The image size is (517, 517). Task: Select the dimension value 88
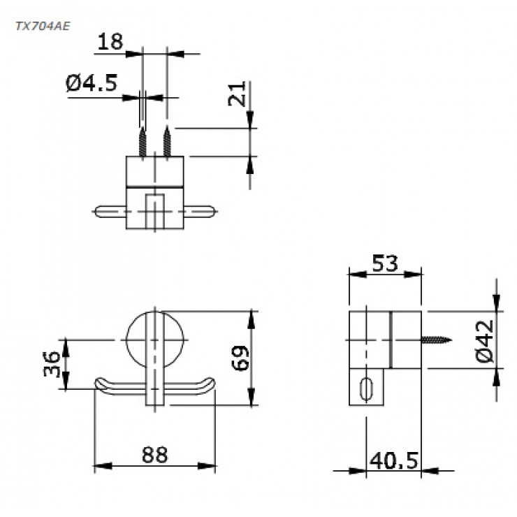[154, 455]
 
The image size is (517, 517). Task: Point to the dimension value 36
[50, 363]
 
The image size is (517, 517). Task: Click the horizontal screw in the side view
[436, 341]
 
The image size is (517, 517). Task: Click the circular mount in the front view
[154, 337]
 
